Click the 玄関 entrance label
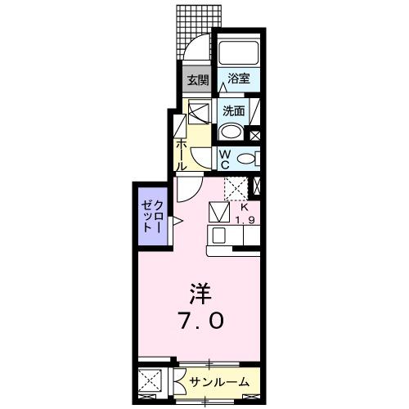[x=196, y=80]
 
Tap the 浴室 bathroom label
[x=238, y=79]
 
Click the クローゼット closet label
[x=152, y=216]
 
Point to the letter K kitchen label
[x=243, y=208]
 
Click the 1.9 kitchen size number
[x=244, y=219]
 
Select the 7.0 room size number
[x=199, y=321]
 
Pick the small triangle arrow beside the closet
[x=175, y=218]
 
